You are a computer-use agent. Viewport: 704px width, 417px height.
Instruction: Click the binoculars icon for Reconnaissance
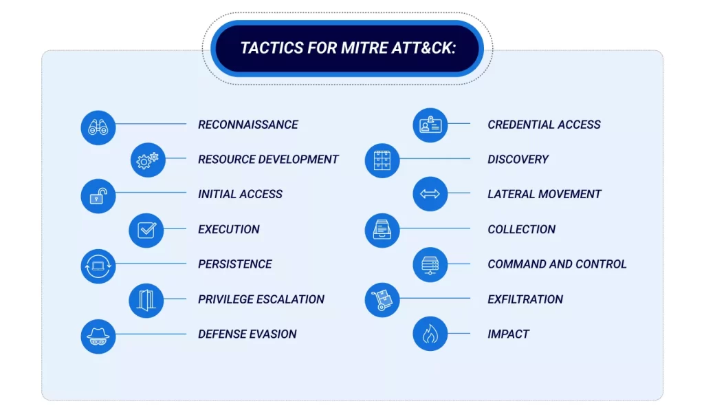pyautogui.click(x=98, y=127)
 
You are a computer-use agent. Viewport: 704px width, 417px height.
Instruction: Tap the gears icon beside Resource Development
pyautogui.click(x=147, y=160)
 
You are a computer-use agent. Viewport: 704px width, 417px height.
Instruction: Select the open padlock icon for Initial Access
pyautogui.click(x=98, y=196)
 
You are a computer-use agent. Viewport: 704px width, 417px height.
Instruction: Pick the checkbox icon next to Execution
pyautogui.click(x=146, y=231)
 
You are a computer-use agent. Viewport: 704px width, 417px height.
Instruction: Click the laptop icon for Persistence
pyautogui.click(x=98, y=266)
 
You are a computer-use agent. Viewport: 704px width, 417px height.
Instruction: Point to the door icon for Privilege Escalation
pyautogui.click(x=146, y=300)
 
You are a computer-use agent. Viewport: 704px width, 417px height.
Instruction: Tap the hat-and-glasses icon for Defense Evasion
pyautogui.click(x=98, y=336)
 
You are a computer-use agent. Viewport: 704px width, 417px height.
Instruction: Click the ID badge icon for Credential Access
pyautogui.click(x=430, y=126)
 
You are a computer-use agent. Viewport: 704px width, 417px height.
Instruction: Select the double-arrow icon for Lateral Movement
pyautogui.click(x=430, y=195)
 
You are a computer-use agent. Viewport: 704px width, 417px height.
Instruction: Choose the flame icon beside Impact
pyautogui.click(x=430, y=335)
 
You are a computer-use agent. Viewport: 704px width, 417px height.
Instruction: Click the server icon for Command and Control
pyautogui.click(x=430, y=265)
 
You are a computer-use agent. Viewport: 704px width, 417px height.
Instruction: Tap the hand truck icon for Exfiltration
pyautogui.click(x=382, y=300)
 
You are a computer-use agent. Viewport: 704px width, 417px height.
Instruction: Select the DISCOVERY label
pyautogui.click(x=518, y=160)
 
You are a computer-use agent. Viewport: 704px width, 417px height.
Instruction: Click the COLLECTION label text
pyautogui.click(x=521, y=230)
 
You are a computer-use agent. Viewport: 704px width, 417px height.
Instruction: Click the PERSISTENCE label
pyautogui.click(x=234, y=264)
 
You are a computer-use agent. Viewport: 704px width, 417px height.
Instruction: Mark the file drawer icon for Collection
pyautogui.click(x=382, y=231)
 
